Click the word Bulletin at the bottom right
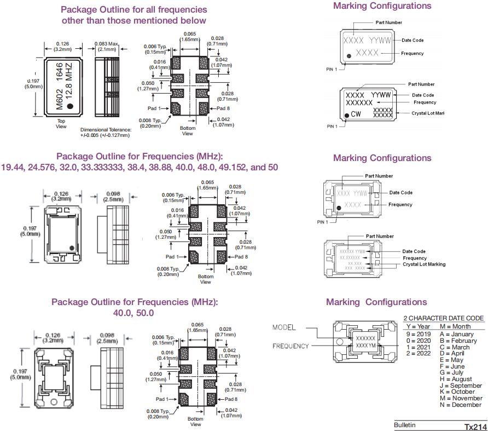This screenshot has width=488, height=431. click(405, 425)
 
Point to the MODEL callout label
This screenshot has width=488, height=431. click(284, 327)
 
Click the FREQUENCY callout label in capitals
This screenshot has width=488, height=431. click(291, 346)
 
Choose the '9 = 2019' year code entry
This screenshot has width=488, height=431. click(420, 334)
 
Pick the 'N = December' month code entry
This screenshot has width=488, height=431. click(459, 405)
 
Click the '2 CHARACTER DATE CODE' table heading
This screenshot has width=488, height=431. click(444, 318)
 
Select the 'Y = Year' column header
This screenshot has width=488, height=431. click(419, 326)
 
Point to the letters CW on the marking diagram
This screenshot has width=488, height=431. click(356, 114)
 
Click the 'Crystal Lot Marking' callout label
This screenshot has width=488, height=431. click(424, 264)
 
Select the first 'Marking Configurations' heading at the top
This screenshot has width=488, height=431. click(382, 6)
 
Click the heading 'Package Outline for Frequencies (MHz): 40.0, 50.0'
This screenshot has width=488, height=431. click(134, 307)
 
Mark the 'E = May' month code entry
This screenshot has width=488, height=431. click(451, 360)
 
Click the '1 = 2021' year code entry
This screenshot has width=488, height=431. click(420, 347)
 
